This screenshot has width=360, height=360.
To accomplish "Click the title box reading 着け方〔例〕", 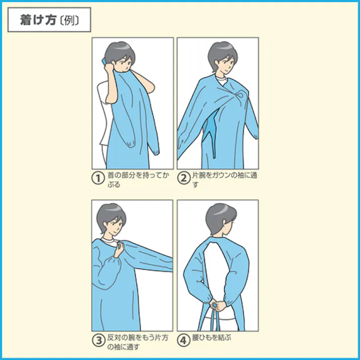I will tap(49, 20).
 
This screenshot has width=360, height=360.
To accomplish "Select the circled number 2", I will tap(183, 178).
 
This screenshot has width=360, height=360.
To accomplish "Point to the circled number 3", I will tap(98, 340).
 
